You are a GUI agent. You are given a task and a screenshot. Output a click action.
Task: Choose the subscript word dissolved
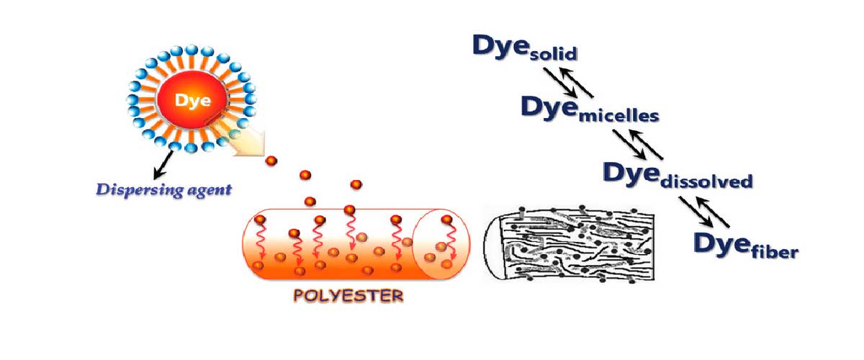pos(710,180)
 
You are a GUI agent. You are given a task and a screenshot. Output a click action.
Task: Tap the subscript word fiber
pos(772,251)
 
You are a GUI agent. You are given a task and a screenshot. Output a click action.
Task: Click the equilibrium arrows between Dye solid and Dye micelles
pos(568,82)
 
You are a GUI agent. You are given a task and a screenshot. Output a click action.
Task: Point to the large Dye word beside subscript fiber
pos(719,243)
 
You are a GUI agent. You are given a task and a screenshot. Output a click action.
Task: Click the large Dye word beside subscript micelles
pos(548,107)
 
